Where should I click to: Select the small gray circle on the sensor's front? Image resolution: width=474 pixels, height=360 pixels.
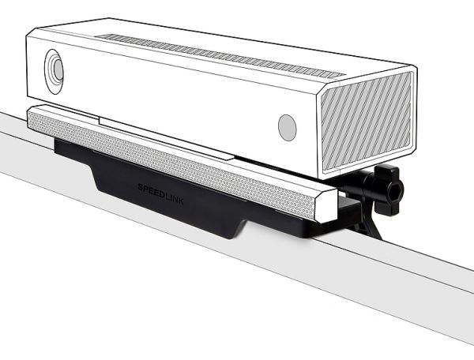pyautogui.click(x=287, y=127)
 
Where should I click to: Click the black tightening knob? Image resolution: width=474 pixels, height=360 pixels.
pyautogui.click(x=387, y=189)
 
